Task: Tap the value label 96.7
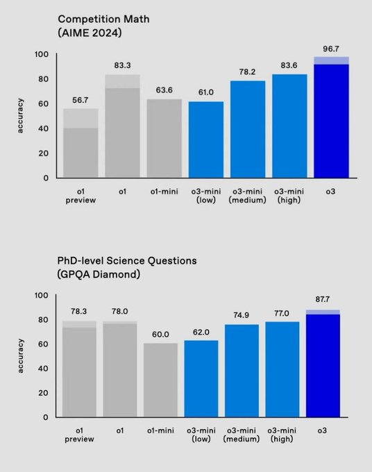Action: click(331, 48)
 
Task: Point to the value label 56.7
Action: click(81, 100)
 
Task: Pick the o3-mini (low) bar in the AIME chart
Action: click(206, 140)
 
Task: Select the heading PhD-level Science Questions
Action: click(127, 260)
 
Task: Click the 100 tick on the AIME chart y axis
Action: click(42, 54)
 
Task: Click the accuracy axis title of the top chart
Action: click(21, 116)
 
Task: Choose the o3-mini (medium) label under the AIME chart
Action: click(248, 195)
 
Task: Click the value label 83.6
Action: click(289, 65)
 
